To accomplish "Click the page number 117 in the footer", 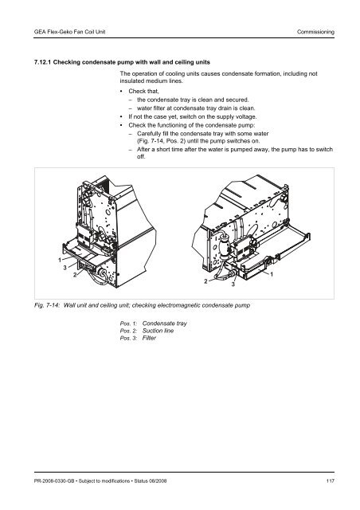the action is [330, 481].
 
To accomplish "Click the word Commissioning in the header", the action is [315, 32].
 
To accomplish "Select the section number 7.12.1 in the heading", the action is [42, 62].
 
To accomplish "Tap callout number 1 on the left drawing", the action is [60, 260].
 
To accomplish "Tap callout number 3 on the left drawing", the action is [65, 268].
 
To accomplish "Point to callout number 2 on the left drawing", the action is [75, 275].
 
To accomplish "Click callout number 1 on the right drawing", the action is [272, 274].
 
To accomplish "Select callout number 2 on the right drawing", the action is [205, 281].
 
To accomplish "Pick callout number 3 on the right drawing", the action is [233, 284].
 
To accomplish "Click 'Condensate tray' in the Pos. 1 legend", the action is [165, 324].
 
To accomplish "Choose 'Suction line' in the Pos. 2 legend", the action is [158, 331].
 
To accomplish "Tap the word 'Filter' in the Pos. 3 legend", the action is [149, 338].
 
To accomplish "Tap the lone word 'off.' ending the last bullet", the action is [141, 157].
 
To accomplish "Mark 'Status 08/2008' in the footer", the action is [151, 481].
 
